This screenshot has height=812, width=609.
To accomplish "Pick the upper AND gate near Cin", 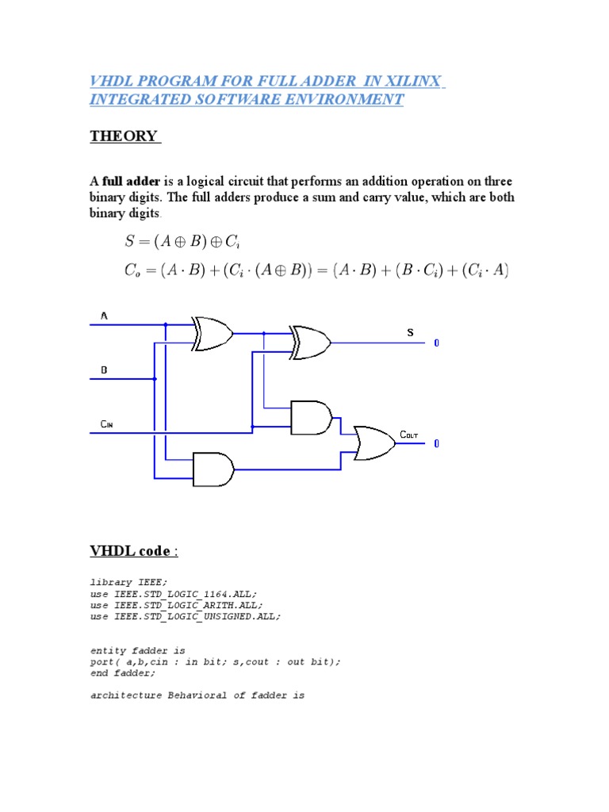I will (x=312, y=417).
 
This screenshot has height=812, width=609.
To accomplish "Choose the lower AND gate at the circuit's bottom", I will (x=213, y=469).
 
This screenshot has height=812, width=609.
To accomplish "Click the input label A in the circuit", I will (x=104, y=316).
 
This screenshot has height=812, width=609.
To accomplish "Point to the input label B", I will (x=104, y=370).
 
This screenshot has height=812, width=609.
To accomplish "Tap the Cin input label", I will (x=107, y=424).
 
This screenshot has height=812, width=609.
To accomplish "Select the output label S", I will (x=411, y=333).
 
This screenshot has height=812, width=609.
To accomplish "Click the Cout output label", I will (x=409, y=435).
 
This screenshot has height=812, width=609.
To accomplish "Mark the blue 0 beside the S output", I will (x=436, y=343).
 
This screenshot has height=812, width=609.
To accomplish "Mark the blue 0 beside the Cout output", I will (x=436, y=444).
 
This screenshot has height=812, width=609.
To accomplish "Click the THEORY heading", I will (x=124, y=136).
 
